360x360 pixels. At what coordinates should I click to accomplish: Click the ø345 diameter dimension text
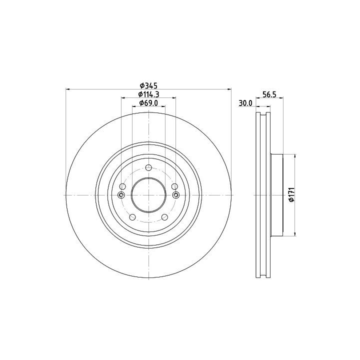148,85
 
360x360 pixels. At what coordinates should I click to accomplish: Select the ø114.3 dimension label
149,94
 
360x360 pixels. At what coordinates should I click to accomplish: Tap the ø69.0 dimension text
149,103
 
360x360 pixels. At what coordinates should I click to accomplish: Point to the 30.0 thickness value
245,103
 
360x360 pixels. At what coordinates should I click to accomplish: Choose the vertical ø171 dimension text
291,194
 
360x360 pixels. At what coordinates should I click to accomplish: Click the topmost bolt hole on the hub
149,167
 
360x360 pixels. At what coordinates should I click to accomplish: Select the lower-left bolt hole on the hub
132,217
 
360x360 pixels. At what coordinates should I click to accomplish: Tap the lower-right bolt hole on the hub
165,217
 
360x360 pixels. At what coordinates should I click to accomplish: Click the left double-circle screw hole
121,195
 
